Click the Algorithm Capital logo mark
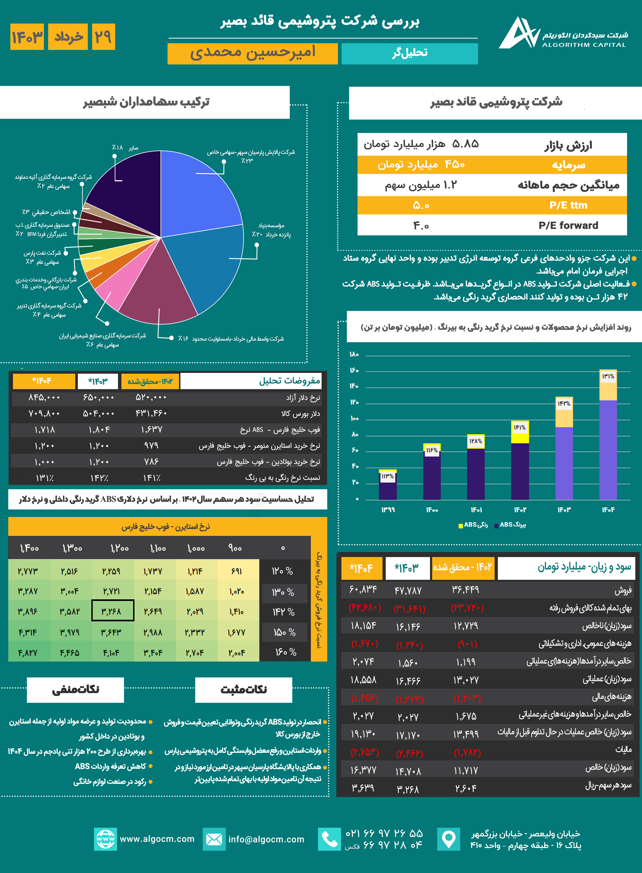click(519, 34)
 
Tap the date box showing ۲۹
click(103, 37)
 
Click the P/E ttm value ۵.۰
click(421, 205)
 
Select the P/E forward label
click(568, 225)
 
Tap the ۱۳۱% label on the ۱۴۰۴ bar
click(608, 376)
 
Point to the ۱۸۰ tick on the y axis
click(354, 354)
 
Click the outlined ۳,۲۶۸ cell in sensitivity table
click(113, 611)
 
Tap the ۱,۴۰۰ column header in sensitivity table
click(29, 548)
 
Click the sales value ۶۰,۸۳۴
click(363, 590)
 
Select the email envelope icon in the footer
click(214, 839)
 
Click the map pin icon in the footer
click(448, 839)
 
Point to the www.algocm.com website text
click(157, 839)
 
